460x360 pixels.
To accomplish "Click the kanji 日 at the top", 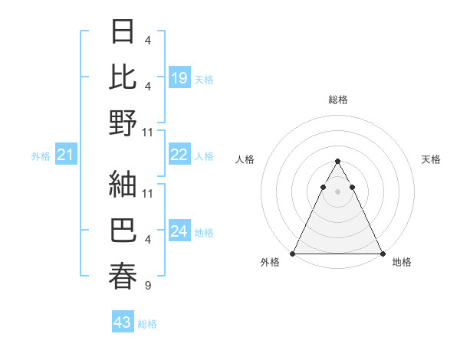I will coord(123,32).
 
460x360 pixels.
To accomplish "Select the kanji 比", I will coord(123,77).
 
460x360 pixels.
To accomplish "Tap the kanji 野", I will coord(123,123).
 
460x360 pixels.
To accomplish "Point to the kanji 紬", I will coord(123,184).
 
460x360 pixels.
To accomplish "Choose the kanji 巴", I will coord(123,230).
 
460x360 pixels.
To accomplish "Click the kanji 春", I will coord(123,276).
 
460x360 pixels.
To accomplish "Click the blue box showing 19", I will coord(179,78).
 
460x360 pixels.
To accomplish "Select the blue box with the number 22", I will coord(179,155).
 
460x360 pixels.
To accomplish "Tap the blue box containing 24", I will coord(179,232).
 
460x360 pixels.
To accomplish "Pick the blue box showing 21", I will coord(66,155).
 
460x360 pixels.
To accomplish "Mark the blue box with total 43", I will coord(123,322).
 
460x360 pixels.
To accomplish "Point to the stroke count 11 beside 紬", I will coord(148,193).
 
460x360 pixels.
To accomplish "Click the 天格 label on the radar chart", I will coord(431,159).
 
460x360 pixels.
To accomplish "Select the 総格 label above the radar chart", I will coord(337,100).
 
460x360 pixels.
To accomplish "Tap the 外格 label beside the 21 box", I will coord(41,156).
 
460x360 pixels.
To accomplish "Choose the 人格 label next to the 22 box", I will coord(204,156).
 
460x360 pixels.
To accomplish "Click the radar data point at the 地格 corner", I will coord(382,254).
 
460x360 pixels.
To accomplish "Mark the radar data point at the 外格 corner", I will coord(293,254).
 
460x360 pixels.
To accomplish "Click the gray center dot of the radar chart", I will coord(337,191).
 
